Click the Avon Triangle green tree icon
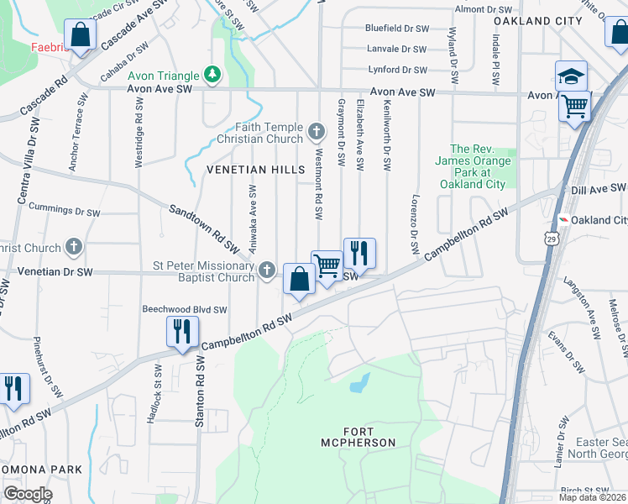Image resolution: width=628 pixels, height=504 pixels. [213, 75]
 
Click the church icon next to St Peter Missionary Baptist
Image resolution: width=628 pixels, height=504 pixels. [267, 270]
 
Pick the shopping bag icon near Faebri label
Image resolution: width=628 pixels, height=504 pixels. [81, 36]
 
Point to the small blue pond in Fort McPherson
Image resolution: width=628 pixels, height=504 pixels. [359, 383]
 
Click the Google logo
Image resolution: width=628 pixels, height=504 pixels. [27, 494]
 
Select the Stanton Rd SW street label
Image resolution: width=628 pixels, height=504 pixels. [200, 391]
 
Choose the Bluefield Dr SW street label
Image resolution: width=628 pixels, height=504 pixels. [397, 28]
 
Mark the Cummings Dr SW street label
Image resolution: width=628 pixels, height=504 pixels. [64, 207]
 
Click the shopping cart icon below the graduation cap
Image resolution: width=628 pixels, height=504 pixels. [575, 106]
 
